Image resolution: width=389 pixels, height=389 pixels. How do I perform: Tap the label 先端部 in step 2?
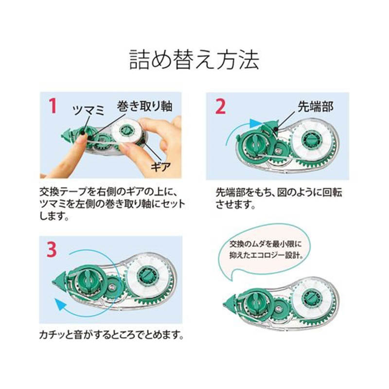[x=315, y=106]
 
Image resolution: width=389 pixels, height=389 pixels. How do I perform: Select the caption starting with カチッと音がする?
[x=112, y=336]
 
